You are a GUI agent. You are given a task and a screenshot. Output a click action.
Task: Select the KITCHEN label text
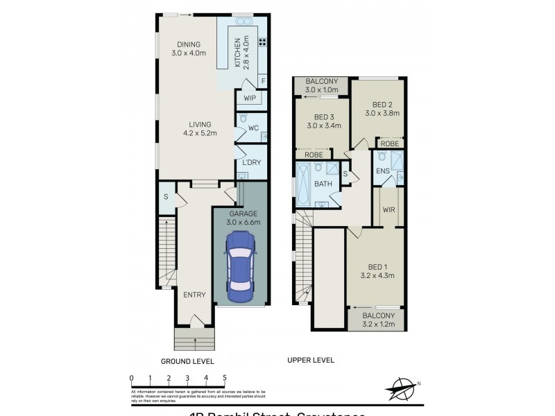coord(237,53)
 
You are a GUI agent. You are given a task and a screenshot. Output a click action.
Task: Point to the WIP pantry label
coord(250,98)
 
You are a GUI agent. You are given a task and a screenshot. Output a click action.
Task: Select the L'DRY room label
coord(250,162)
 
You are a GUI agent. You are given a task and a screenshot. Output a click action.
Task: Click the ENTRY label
coord(194,295)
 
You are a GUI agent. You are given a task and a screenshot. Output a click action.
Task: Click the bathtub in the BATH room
coord(303,184)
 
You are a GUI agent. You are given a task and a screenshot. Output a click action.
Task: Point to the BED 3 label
coord(323,122)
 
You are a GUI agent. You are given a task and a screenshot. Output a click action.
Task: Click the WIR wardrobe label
coord(389,209)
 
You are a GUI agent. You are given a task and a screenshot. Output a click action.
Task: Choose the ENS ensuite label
coord(382,171)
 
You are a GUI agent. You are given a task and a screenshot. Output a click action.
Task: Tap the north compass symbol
coord(400,388)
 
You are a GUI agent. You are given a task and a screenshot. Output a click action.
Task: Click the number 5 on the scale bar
coord(224,379)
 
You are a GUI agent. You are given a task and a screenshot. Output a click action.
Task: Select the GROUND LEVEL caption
coord(187,361)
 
